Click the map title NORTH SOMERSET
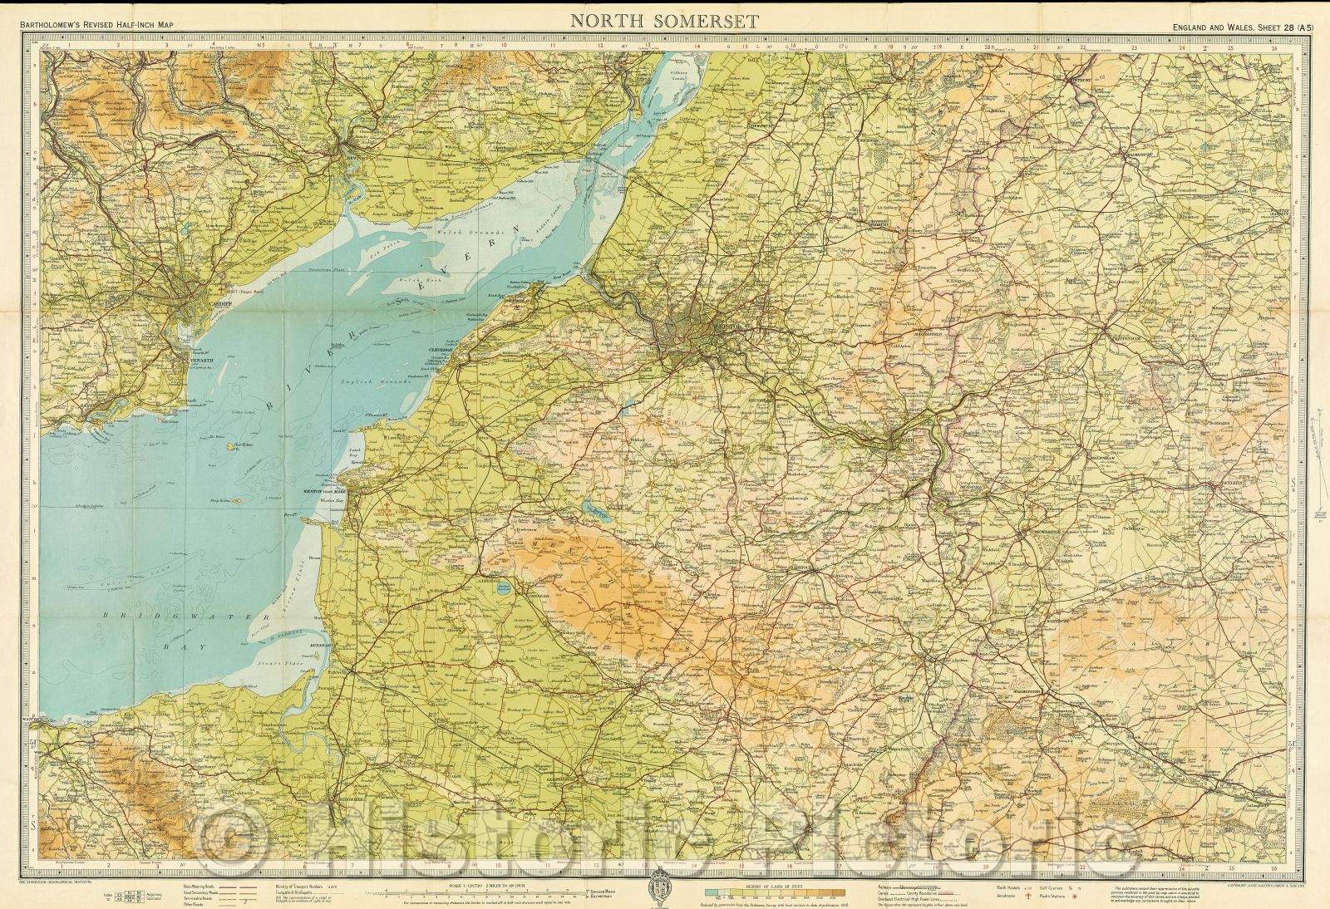(664, 22)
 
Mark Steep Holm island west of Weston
(237, 500)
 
